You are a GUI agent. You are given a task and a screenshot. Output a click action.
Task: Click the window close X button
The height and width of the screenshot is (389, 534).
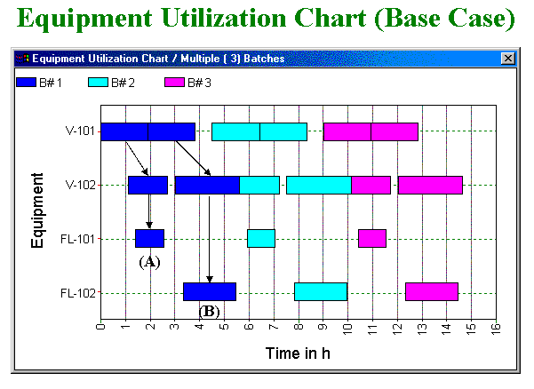click(x=508, y=58)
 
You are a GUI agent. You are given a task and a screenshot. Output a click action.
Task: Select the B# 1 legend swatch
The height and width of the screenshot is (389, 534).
click(x=26, y=83)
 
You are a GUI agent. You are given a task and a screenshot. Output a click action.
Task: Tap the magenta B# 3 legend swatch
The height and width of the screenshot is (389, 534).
click(x=174, y=83)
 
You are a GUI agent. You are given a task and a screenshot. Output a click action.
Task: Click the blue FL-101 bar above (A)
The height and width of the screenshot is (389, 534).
click(x=149, y=239)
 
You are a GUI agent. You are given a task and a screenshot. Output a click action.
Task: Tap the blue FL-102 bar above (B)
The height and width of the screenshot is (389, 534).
click(x=210, y=292)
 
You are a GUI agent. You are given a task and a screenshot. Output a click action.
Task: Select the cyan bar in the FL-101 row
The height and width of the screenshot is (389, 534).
click(x=260, y=239)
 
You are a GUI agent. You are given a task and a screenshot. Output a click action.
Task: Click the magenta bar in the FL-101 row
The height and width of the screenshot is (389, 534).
click(x=371, y=239)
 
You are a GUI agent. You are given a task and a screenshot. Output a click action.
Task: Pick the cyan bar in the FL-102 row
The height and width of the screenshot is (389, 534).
click(x=320, y=292)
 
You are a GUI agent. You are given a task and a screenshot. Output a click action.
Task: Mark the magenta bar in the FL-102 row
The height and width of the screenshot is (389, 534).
click(x=431, y=292)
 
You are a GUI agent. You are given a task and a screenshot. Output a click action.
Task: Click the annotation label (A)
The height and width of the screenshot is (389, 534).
click(x=149, y=262)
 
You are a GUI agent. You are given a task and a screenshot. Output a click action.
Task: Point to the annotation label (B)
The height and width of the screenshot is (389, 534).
click(x=210, y=312)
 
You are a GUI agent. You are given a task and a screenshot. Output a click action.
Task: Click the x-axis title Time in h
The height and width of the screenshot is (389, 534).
click(x=298, y=353)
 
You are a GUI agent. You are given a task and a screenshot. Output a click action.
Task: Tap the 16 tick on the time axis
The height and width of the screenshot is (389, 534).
click(x=495, y=329)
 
